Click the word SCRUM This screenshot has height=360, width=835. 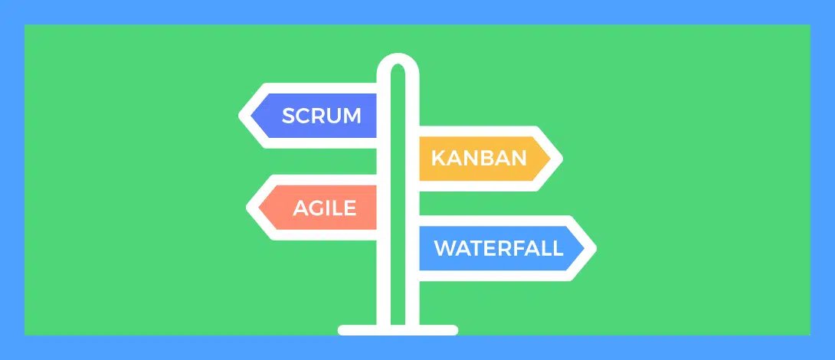point(321,116)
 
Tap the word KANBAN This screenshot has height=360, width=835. point(479,158)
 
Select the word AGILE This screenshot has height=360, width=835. point(324,208)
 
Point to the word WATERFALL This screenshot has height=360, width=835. point(499,248)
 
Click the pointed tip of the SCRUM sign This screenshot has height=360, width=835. point(240,116)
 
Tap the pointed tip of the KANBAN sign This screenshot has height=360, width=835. point(562,158)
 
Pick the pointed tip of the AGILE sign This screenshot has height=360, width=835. point(247,208)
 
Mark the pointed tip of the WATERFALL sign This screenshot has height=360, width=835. point(594,248)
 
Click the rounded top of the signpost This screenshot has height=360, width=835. point(398,56)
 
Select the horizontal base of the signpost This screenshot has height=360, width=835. point(398,330)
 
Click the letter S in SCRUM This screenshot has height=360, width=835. point(289,116)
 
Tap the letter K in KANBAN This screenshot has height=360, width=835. point(438,158)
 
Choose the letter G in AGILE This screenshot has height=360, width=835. point(317,208)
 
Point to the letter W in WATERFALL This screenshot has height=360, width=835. point(445,248)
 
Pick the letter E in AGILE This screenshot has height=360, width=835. point(350,208)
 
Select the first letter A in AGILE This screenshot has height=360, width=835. point(301,208)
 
